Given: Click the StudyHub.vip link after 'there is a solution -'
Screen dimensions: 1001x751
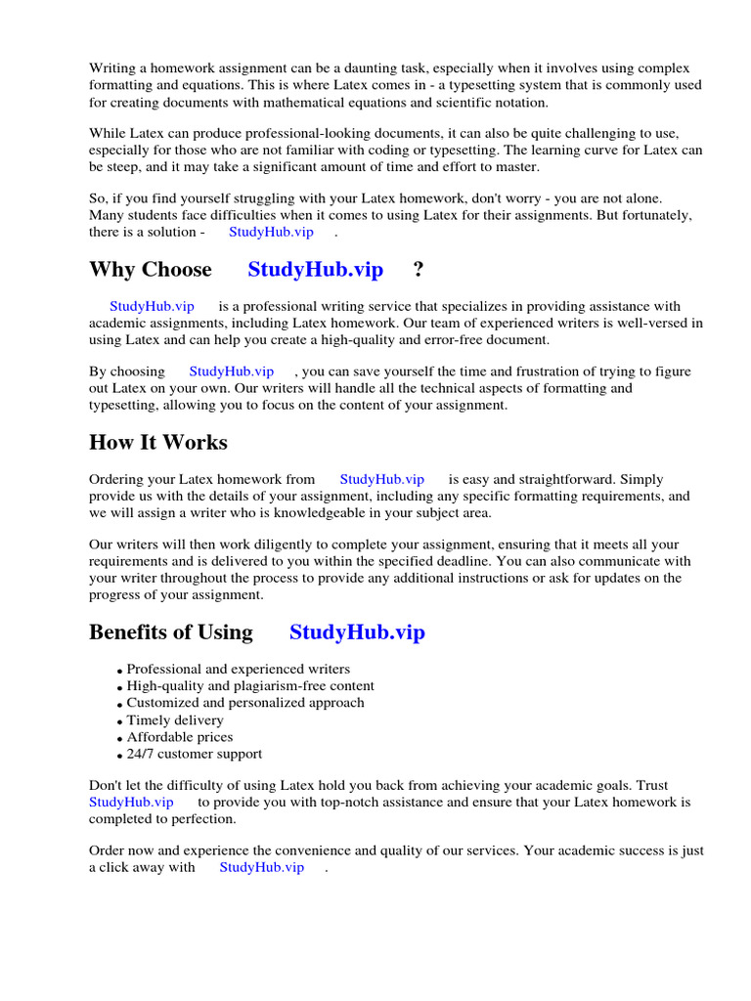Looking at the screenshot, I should tap(271, 232).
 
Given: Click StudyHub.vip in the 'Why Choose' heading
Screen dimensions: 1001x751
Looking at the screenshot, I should tap(315, 270).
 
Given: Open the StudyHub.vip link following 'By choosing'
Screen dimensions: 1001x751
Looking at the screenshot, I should tap(231, 371).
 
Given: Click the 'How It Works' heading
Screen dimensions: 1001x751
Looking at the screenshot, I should tap(158, 443).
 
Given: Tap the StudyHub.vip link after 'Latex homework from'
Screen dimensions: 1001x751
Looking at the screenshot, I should tap(381, 479).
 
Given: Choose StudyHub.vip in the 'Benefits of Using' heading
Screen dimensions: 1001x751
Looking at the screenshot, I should tap(357, 632).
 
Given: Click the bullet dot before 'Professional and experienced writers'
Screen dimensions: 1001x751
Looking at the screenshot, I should tap(119, 672).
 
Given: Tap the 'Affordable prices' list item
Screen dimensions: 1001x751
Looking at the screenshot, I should tap(180, 737).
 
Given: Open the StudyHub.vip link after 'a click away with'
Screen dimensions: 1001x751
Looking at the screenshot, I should tap(261, 867).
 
